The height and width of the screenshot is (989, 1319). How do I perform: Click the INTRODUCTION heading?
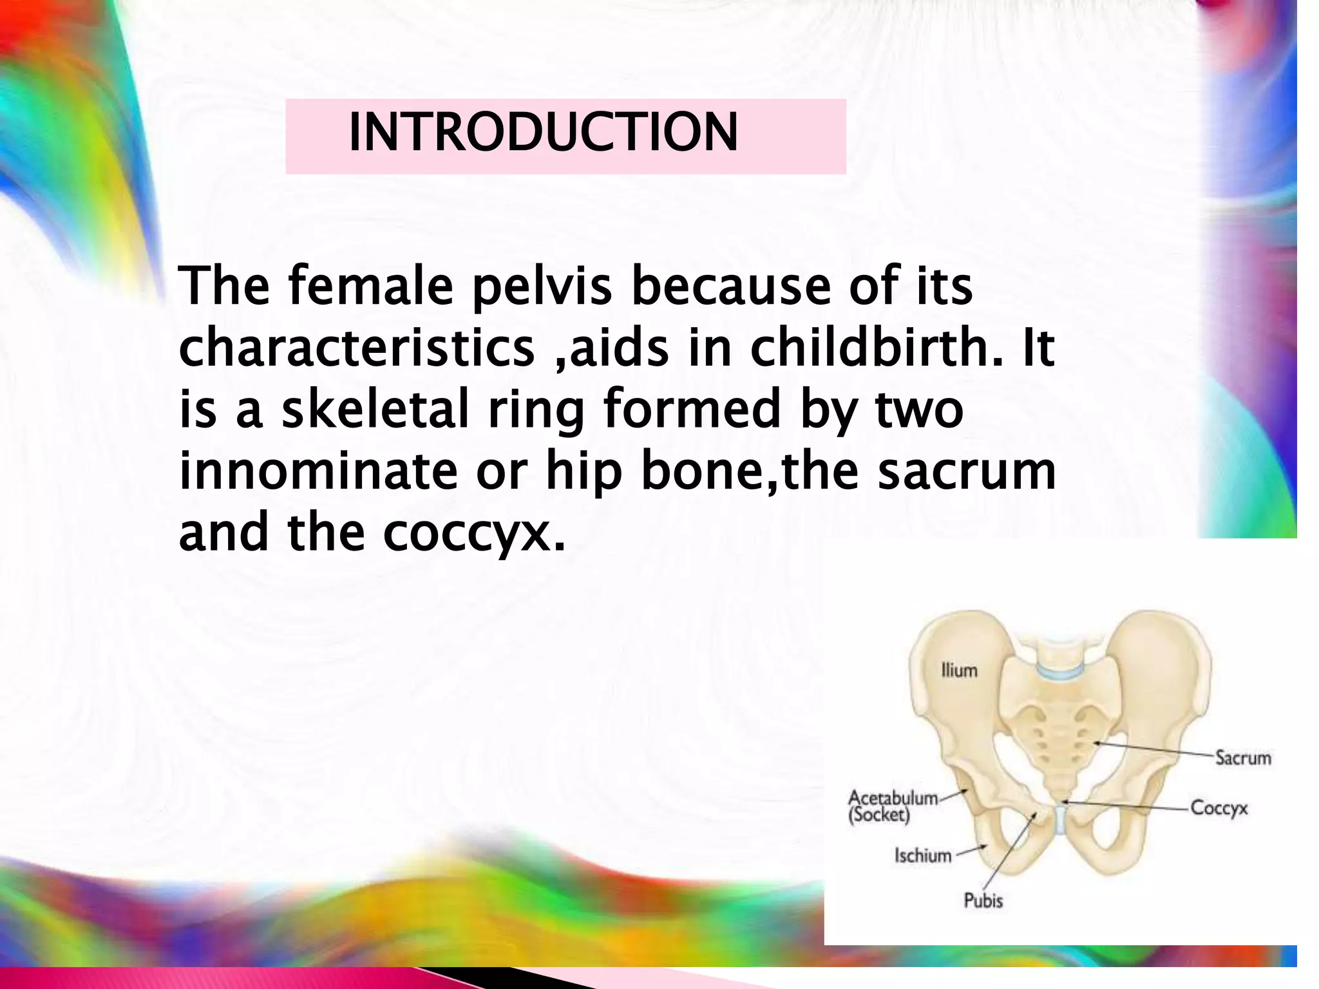pos(543,133)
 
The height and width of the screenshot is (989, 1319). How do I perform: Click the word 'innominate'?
pos(318,471)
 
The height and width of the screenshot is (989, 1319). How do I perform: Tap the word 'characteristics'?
pos(356,348)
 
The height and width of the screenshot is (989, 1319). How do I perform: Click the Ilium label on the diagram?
pos(959,670)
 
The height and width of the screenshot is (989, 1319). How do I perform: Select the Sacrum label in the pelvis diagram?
pos(1243,758)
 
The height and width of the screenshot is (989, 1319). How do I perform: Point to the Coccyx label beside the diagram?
pos(1219,807)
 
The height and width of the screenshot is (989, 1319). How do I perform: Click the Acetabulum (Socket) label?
pos(892,806)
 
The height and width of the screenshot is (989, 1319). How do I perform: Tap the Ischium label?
pos(922,855)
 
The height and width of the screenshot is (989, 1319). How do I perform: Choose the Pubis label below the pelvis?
pos(983,900)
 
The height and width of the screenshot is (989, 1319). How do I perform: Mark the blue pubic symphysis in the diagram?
pos(1059,819)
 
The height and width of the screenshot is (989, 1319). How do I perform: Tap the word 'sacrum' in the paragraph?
pos(967,471)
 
